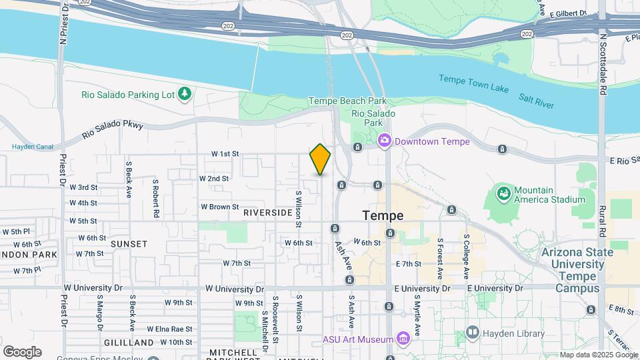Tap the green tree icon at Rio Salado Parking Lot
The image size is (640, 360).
[185, 94]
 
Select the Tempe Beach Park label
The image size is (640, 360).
[347, 101]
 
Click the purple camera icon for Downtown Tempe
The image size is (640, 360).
[384, 141]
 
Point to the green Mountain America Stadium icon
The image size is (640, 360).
[504, 194]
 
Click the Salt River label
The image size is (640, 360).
[536, 101]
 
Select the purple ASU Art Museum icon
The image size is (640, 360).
[403, 339]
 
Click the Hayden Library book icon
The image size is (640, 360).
[473, 332]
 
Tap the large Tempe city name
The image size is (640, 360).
[383, 216]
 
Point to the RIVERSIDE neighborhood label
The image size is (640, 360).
[267, 213]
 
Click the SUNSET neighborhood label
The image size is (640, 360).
[129, 244]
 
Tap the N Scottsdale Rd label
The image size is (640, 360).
[603, 66]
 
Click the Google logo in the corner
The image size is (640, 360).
[22, 351]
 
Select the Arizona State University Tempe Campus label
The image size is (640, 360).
[573, 270]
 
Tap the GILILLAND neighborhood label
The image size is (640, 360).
[129, 342]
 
